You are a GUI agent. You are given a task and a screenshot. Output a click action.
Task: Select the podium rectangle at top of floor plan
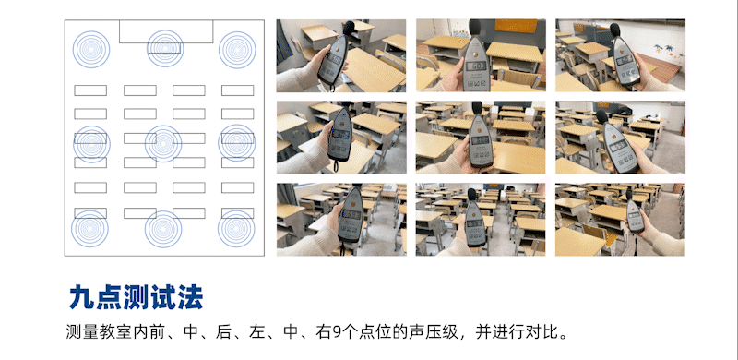point(166,30)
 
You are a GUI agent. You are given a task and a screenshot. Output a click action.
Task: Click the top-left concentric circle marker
point(91,48)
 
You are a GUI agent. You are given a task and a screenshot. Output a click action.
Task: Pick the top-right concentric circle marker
point(237,48)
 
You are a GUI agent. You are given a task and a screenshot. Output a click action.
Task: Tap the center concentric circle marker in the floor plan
point(164,143)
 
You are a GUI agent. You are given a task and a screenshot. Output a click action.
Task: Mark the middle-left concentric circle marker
point(91,143)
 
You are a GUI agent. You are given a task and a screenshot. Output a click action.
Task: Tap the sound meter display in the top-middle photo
point(477,66)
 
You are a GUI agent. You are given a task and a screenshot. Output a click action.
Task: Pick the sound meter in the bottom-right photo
point(635,218)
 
